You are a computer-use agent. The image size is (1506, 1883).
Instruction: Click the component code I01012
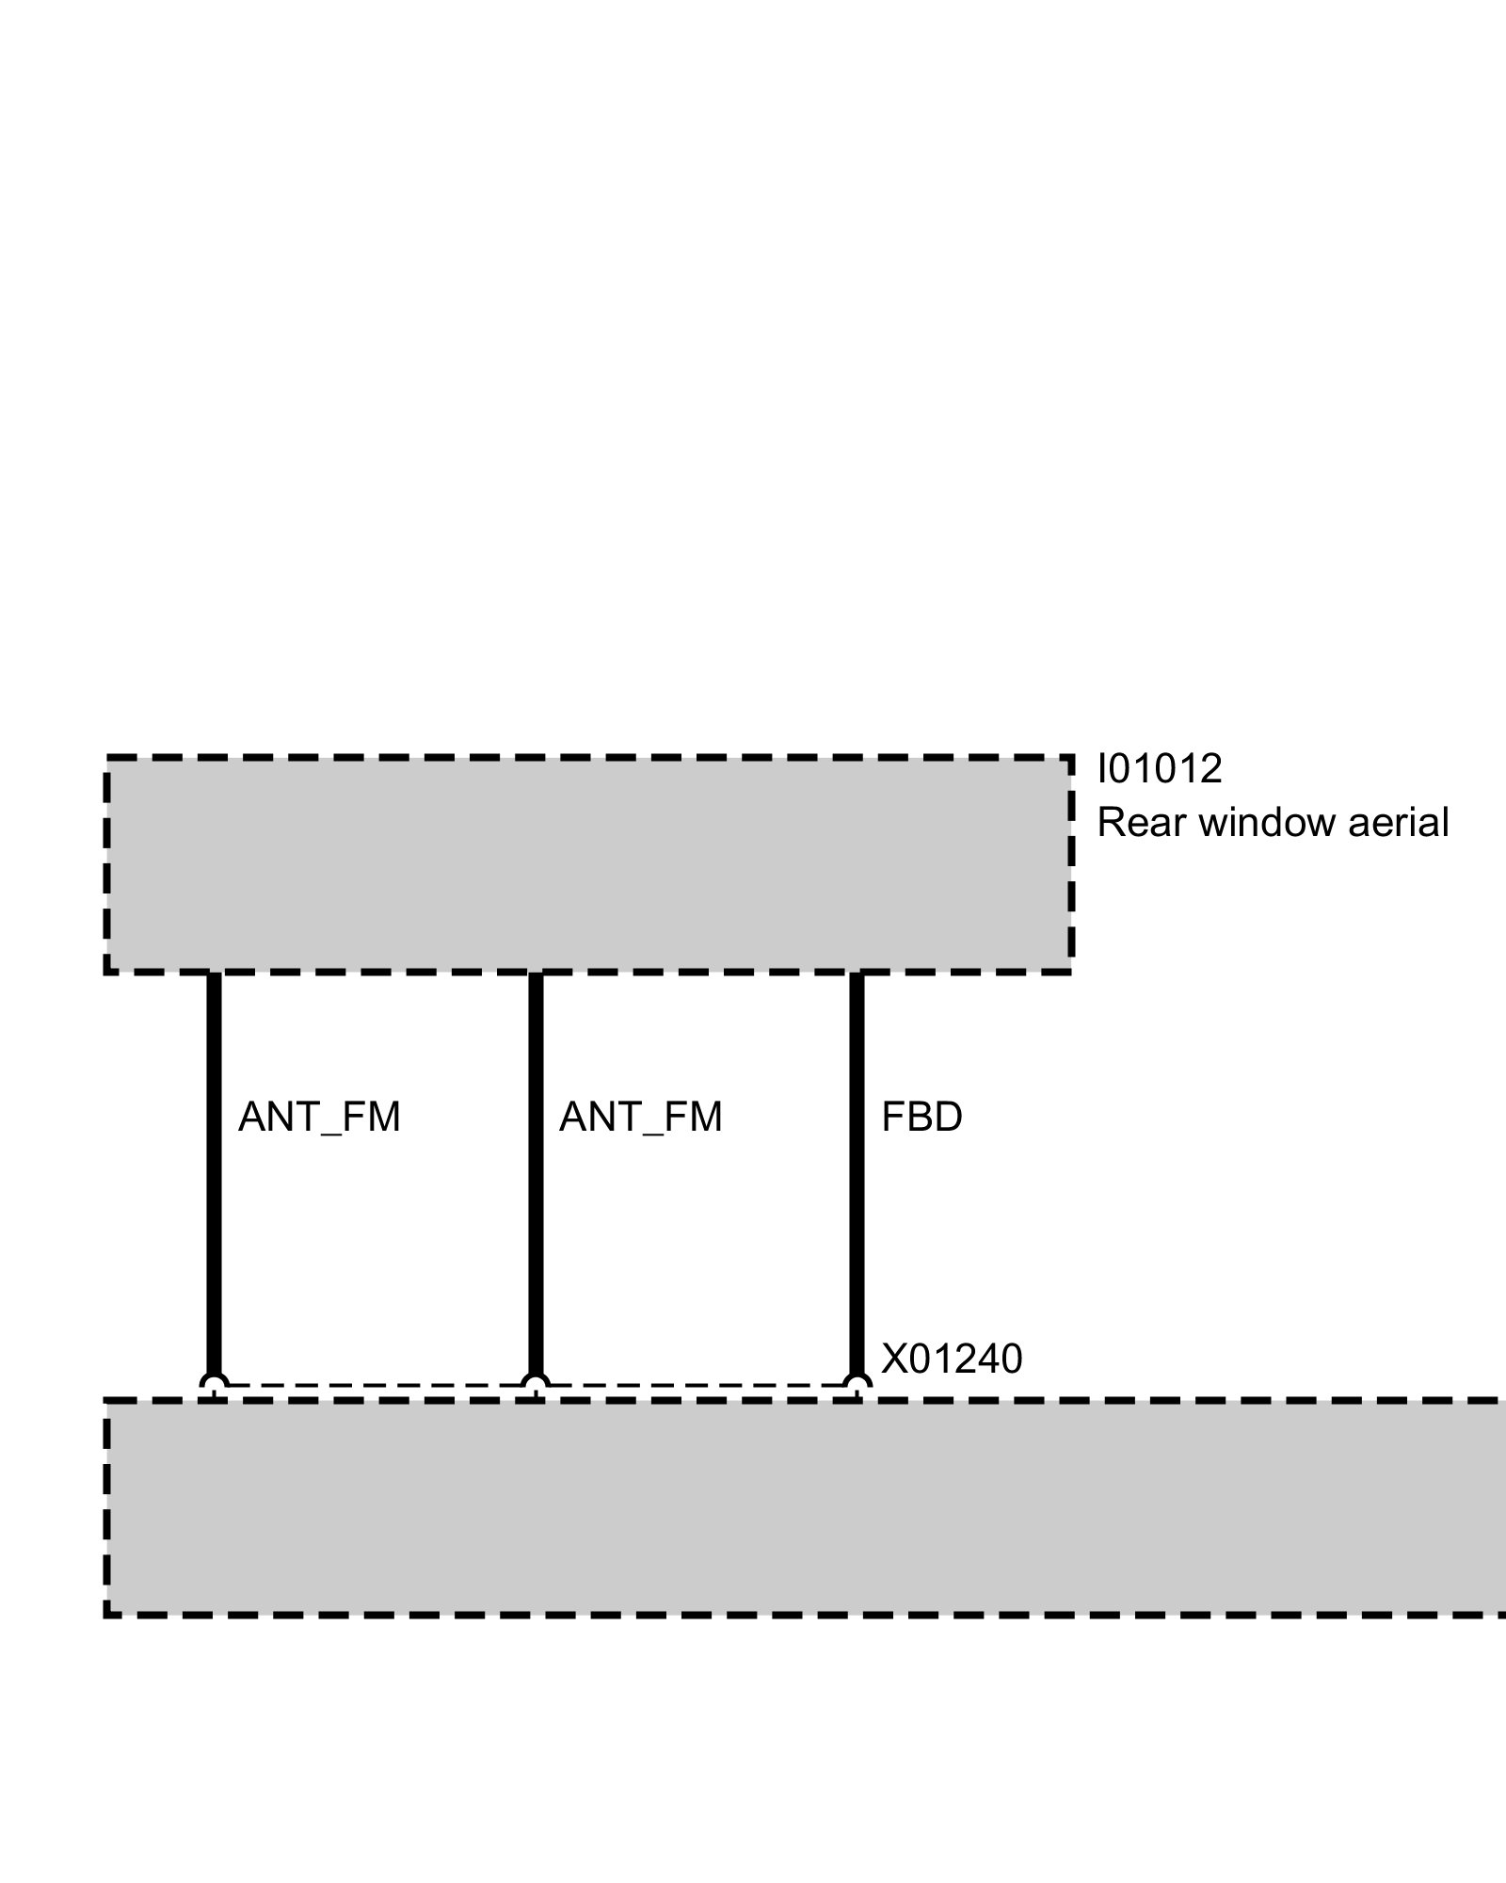tap(1159, 769)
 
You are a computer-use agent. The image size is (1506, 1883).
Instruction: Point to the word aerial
tap(1398, 823)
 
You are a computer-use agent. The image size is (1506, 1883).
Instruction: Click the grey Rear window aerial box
tap(588, 863)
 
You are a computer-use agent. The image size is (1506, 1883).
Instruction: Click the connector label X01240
tap(951, 1360)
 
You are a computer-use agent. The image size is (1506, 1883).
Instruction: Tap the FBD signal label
tap(921, 1118)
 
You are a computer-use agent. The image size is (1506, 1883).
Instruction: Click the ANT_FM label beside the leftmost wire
tap(319, 1118)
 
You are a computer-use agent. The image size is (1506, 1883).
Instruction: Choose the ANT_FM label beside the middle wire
tap(640, 1118)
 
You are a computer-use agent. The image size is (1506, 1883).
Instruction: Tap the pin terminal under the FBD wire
tap(857, 1386)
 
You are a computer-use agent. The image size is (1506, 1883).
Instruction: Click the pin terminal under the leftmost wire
tap(214, 1386)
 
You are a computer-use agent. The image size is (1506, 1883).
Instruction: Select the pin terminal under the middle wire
tap(536, 1386)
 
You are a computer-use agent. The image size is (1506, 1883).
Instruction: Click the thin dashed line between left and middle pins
tap(375, 1385)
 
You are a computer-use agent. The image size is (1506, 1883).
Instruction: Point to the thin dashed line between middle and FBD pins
tap(697, 1385)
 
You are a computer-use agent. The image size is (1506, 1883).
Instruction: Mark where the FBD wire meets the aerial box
tap(857, 974)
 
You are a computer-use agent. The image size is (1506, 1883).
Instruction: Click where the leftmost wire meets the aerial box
tap(214, 974)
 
